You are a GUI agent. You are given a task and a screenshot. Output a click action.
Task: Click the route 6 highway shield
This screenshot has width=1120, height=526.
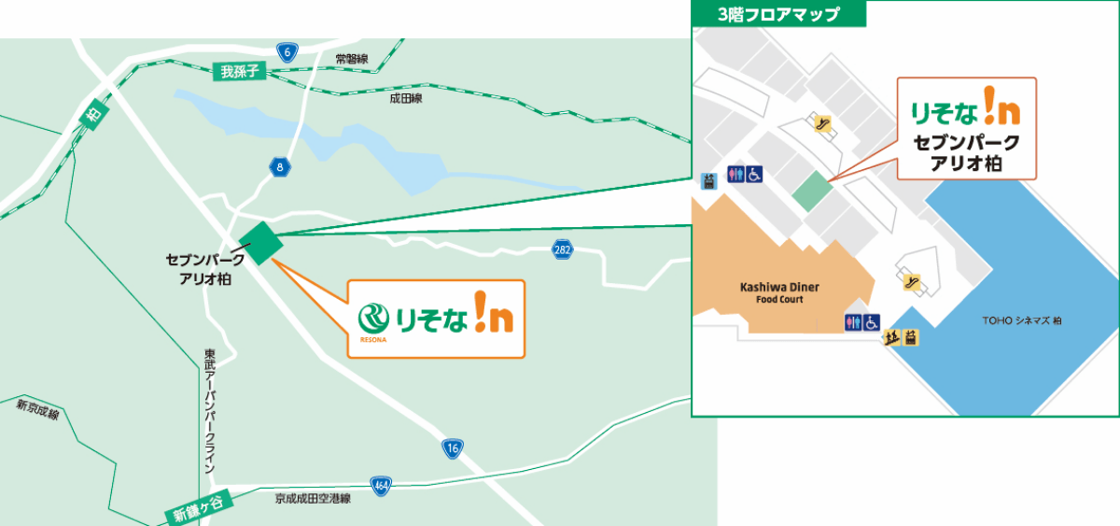pos(287,52)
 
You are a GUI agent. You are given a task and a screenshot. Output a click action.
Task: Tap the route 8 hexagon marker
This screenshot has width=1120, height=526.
pos(280,168)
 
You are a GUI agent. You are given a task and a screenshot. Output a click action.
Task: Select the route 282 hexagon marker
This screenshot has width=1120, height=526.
pos(562,249)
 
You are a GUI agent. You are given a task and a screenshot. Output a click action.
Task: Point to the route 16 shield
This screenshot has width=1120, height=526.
pos(453,448)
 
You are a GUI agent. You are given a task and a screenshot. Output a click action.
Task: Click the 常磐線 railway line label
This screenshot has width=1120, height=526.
pos(352,59)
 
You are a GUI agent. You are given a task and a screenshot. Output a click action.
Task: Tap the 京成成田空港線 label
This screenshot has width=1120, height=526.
pos(313,499)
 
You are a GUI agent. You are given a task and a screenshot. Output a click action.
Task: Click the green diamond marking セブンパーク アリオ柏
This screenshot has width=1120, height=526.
pos(260,242)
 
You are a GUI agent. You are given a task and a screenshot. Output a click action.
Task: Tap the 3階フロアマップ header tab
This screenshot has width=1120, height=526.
pos(778,14)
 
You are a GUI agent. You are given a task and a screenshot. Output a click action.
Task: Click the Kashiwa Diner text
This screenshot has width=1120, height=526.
pos(779,288)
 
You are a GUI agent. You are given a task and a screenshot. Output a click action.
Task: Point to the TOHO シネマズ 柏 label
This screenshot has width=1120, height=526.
pos(1021,320)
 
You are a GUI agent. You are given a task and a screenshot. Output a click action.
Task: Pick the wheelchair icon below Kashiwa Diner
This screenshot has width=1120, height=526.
pos(871,322)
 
